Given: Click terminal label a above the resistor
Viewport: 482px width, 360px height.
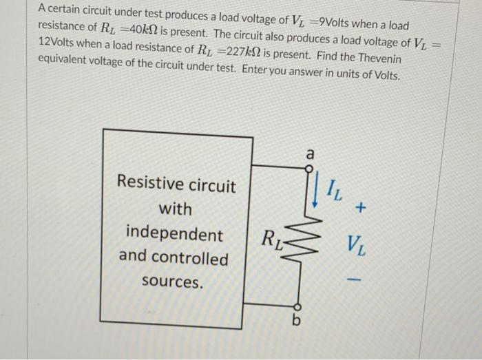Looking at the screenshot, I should pyautogui.click(x=309, y=154).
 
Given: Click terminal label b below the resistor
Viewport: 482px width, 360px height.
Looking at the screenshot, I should pyautogui.click(x=297, y=321).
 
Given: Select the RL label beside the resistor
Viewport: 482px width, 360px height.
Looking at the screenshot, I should pyautogui.click(x=271, y=240).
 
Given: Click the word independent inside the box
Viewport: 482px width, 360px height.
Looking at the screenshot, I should pyautogui.click(x=174, y=234).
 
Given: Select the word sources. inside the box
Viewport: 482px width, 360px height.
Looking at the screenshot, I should pyautogui.click(x=172, y=282).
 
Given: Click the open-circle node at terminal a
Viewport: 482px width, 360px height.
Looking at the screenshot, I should pyautogui.click(x=300, y=166).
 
